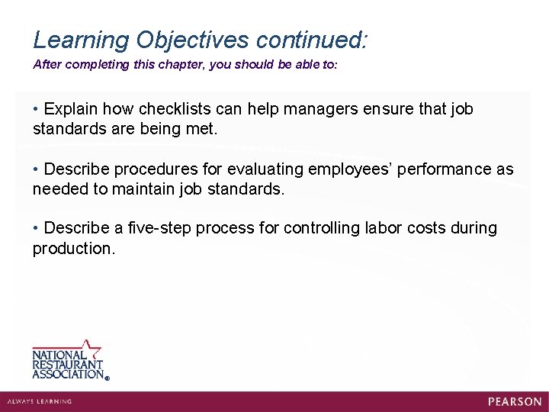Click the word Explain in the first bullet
click(71, 109)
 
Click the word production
click(73, 249)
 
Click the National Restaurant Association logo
click(69, 361)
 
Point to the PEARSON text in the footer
click(515, 401)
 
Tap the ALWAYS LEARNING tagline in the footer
click(40, 401)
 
